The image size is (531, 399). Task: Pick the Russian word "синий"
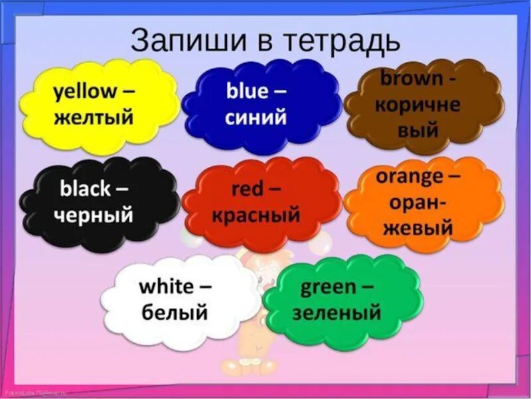pyautogui.click(x=256, y=117)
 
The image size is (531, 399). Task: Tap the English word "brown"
pyautogui.click(x=412, y=78)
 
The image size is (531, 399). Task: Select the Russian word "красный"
pyautogui.click(x=256, y=215)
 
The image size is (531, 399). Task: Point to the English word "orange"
pyautogui.click(x=409, y=177)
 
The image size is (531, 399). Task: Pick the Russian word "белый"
pyautogui.click(x=175, y=312)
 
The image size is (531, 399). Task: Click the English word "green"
pyautogui.click(x=329, y=287)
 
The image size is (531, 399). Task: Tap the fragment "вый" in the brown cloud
pyautogui.click(x=418, y=130)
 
